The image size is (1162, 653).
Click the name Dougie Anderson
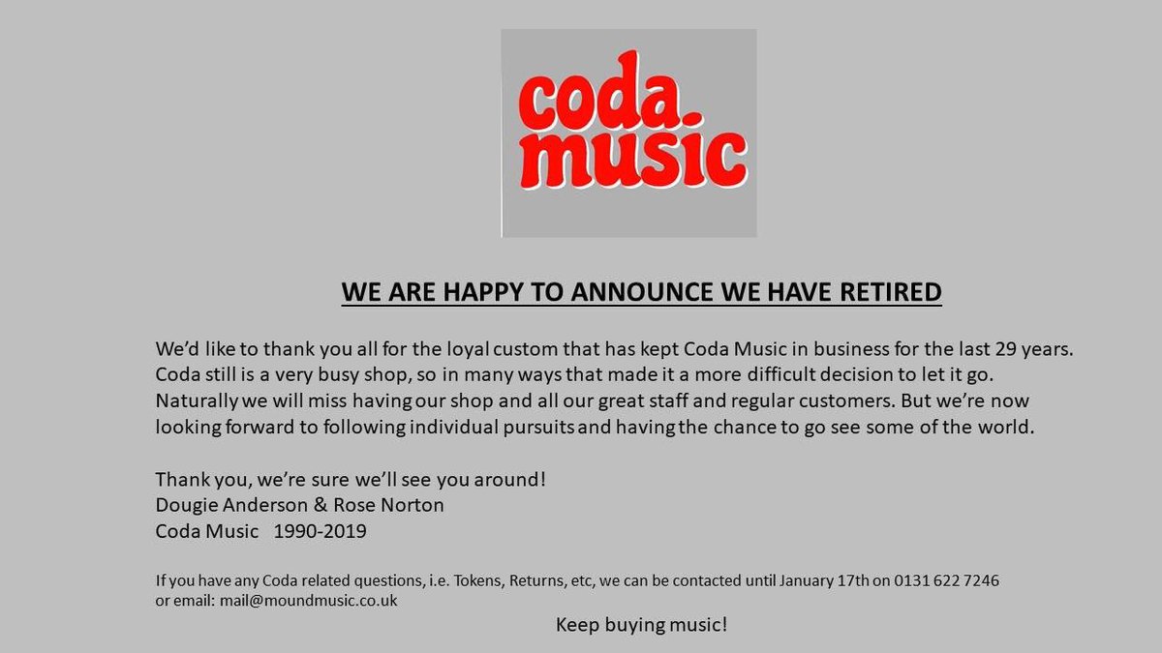click(x=226, y=505)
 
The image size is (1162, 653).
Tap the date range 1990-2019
click(x=320, y=531)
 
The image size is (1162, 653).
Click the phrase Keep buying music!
click(x=641, y=625)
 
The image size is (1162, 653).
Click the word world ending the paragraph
click(x=1008, y=426)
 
